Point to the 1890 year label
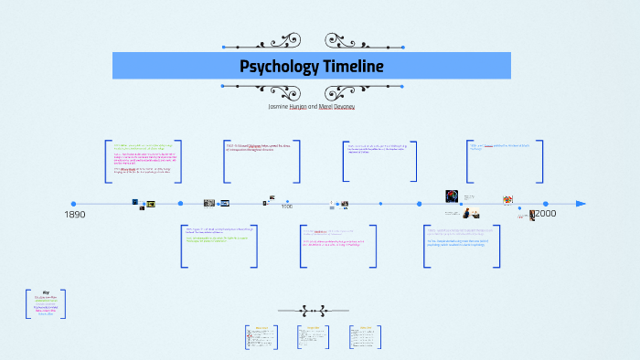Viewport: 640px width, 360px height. coord(75,214)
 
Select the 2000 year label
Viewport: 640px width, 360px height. coord(546,213)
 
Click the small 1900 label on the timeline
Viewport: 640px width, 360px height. coord(287,206)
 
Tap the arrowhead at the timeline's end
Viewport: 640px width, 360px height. coord(581,204)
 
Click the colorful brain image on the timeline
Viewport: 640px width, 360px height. coord(452,196)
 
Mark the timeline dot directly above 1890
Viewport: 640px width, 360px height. coord(73,204)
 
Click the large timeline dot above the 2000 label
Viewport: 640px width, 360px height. coord(546,204)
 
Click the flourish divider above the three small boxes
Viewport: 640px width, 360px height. coord(320,310)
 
